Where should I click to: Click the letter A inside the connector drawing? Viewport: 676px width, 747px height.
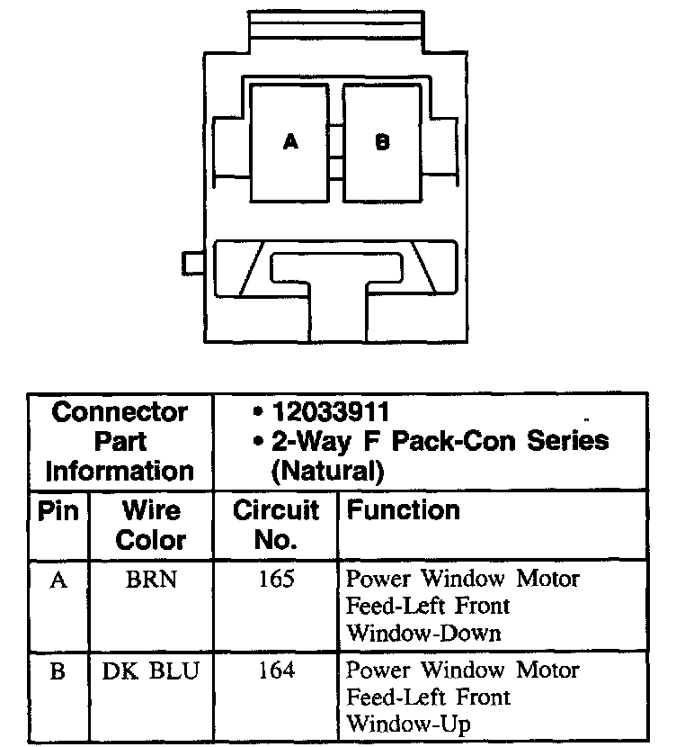(290, 142)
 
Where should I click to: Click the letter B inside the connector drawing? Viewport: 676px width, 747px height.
(382, 142)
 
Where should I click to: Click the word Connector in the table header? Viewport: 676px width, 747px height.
(120, 412)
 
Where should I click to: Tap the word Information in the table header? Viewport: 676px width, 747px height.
(120, 470)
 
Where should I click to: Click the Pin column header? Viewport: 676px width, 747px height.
(58, 511)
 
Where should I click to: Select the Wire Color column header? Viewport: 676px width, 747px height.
(150, 526)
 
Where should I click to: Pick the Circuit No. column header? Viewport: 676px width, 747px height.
(276, 526)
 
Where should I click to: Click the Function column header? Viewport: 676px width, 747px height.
(404, 511)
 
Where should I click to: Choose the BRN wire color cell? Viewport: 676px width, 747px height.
(151, 580)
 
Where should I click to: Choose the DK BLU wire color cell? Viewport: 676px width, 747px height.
(151, 670)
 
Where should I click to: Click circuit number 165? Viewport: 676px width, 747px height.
(275, 580)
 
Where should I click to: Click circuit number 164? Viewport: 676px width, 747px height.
(275, 670)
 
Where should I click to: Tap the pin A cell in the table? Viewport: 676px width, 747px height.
(58, 580)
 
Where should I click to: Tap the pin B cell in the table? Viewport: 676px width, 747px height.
(58, 671)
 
